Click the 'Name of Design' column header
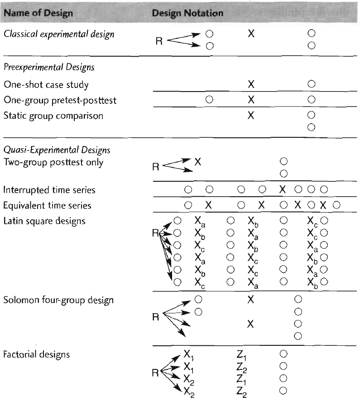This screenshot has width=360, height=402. (x=38, y=13)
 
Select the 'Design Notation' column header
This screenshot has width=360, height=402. (x=187, y=13)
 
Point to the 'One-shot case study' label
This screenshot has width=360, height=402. (x=46, y=84)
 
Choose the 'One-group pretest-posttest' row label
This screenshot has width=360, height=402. (x=60, y=100)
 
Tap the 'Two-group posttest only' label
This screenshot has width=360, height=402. (x=53, y=162)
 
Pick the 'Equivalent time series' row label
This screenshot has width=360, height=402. (x=47, y=205)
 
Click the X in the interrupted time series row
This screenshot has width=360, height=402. (x=283, y=189)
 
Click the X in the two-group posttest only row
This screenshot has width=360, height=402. (x=198, y=161)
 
